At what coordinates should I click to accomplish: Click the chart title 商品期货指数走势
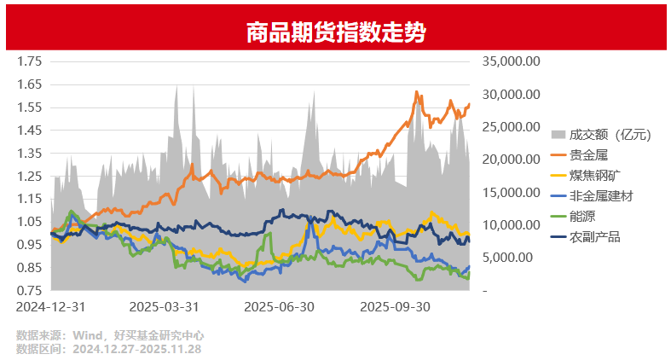(x=335, y=32)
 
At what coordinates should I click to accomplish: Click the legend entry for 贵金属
(x=588, y=154)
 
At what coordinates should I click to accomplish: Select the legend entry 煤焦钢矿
(x=594, y=175)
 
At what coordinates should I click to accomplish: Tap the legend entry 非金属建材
(x=600, y=195)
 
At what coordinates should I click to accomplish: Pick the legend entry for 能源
(x=582, y=216)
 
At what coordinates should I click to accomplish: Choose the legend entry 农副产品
(x=594, y=236)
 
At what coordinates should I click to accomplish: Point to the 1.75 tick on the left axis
(x=30, y=61)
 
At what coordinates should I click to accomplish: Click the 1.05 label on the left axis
(x=30, y=222)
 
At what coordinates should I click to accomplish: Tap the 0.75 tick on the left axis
(x=30, y=291)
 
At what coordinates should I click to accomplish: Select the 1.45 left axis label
(x=30, y=131)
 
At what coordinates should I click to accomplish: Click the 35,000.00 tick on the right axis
(x=511, y=61)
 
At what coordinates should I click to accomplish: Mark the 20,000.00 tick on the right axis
(x=511, y=160)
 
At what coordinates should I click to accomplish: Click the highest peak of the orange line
(x=416, y=91)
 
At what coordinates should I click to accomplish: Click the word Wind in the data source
(x=89, y=336)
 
